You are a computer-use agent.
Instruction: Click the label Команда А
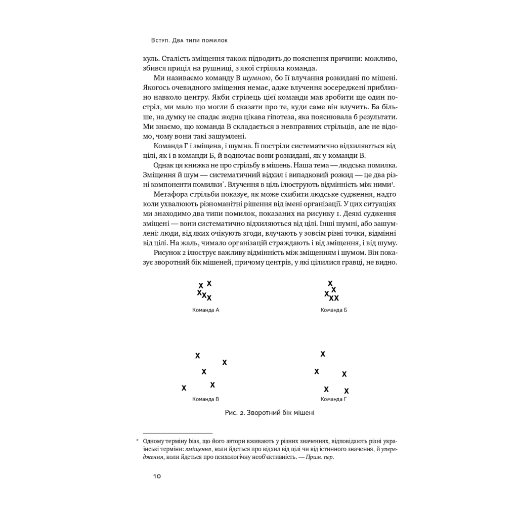(205, 310)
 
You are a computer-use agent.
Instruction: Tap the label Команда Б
(334, 310)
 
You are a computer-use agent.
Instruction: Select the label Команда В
(205, 399)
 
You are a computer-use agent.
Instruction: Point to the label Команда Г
(334, 399)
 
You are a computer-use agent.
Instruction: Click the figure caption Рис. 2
(270, 413)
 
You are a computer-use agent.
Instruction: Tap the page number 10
(156, 476)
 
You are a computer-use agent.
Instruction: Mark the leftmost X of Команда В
(184, 388)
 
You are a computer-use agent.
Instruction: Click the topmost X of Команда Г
(323, 354)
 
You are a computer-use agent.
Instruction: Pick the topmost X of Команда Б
(330, 284)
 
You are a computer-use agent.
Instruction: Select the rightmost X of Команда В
(225, 362)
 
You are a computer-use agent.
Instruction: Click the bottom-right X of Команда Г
(347, 391)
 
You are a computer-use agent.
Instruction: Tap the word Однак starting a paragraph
(165, 165)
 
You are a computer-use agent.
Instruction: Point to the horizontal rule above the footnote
(178, 434)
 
